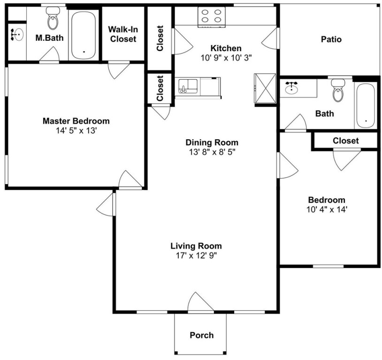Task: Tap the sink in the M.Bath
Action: coord(17,35)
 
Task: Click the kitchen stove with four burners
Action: coord(212,16)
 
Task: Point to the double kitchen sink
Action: coord(188,86)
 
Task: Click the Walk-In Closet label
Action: coord(123,34)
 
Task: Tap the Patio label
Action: coord(331,39)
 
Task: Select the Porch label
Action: coord(202,335)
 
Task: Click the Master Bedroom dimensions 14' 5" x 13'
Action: coord(76,131)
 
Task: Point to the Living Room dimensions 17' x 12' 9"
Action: coord(196,255)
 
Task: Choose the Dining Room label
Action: coord(212,142)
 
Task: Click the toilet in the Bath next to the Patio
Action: coord(338,90)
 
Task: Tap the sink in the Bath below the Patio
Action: coord(291,88)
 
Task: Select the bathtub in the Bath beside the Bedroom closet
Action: coord(366,106)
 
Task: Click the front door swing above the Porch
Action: coord(201,302)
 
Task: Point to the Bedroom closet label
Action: coord(346,141)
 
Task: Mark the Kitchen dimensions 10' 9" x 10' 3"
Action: coord(226,58)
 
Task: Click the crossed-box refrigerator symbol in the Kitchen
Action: coord(265,88)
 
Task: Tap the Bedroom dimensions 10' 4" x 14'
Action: coord(327,210)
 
